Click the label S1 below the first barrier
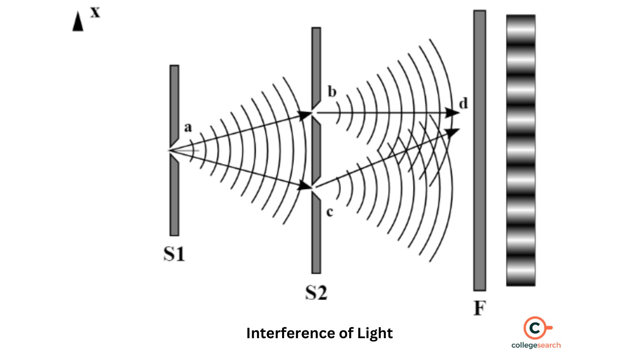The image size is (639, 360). (x=174, y=254)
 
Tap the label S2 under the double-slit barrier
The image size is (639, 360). (x=316, y=293)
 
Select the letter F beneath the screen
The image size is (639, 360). (x=480, y=308)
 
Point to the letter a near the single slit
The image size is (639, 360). (x=188, y=127)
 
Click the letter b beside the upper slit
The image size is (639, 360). (x=332, y=92)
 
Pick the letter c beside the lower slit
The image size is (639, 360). (x=330, y=212)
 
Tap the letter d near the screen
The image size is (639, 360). (x=463, y=104)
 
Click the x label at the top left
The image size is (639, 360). (x=95, y=12)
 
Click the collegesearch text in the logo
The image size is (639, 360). (x=536, y=345)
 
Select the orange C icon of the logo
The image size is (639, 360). (x=536, y=328)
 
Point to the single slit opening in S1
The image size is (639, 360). (x=172, y=150)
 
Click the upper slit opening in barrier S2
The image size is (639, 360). (x=315, y=113)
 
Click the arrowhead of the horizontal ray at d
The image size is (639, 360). (x=453, y=113)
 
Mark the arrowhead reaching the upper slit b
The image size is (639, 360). (x=305, y=115)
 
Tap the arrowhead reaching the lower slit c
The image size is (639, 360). (x=305, y=186)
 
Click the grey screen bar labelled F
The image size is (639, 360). (x=480, y=150)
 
